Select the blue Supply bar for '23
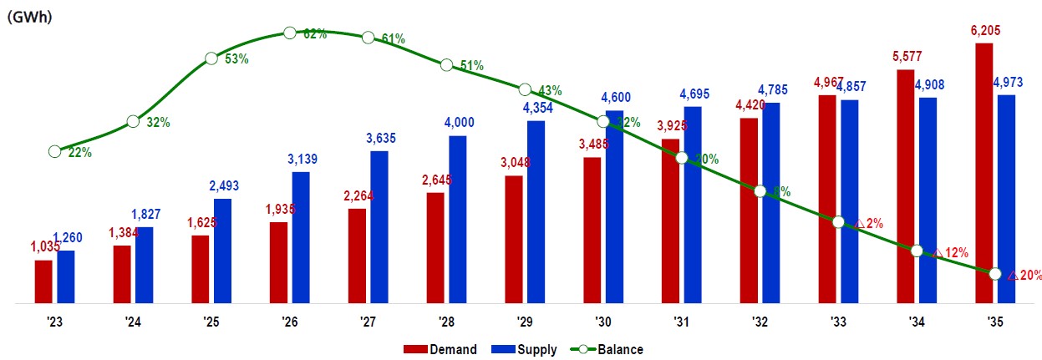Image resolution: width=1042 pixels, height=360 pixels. (x=65, y=276)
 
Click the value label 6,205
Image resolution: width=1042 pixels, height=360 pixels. (x=983, y=31)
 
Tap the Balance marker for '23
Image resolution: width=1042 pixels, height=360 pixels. (x=54, y=151)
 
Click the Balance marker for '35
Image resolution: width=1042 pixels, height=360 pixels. (x=994, y=274)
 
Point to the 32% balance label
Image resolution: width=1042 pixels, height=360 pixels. (x=158, y=122)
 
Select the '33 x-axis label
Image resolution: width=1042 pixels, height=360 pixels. (x=837, y=322)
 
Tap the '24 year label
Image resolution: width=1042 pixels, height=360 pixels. (x=133, y=322)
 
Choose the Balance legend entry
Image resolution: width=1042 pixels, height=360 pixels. (x=607, y=349)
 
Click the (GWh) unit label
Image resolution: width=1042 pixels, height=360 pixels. (x=30, y=17)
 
